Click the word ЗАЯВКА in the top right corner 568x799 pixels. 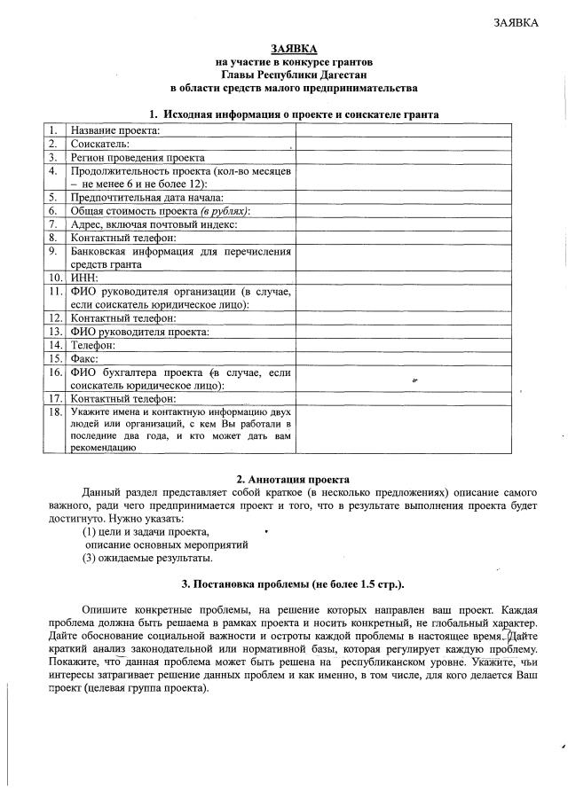(x=516, y=22)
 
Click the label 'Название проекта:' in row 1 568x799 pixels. (x=114, y=129)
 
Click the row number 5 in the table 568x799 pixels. (x=53, y=197)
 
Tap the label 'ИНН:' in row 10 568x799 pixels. (x=84, y=277)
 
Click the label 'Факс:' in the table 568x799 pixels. (x=87, y=358)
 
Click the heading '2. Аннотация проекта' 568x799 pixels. (x=293, y=479)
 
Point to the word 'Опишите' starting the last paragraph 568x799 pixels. (x=105, y=611)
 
